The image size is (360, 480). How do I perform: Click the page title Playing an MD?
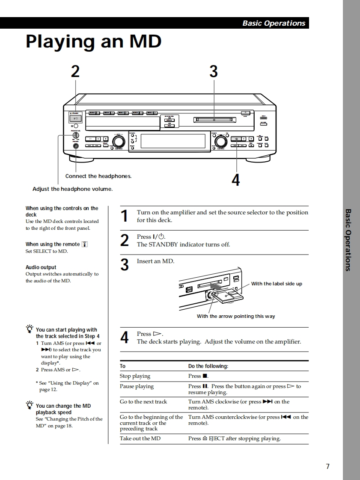tap(93, 41)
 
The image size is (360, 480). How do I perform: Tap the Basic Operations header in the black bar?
tap(274, 23)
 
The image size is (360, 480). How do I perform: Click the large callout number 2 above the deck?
tap(75, 71)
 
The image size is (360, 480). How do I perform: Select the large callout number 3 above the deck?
tap(214, 71)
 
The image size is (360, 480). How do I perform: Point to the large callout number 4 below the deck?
tap(235, 180)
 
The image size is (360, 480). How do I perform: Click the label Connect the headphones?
tap(98, 176)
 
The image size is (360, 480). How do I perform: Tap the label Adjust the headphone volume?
tap(72, 189)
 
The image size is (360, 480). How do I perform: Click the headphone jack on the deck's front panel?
tap(76, 146)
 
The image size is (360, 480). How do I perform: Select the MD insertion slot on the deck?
tap(214, 119)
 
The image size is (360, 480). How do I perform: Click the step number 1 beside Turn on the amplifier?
tap(124, 216)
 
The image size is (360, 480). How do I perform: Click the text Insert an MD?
tap(155, 261)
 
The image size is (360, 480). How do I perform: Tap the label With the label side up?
tap(277, 284)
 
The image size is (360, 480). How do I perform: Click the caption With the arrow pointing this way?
tap(236, 317)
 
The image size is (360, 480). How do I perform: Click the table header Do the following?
tap(208, 366)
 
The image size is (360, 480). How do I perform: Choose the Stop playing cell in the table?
tap(135, 376)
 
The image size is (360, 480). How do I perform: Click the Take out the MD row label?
tap(140, 439)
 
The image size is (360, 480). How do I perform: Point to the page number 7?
tap(327, 466)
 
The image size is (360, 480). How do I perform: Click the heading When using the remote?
tap(53, 244)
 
